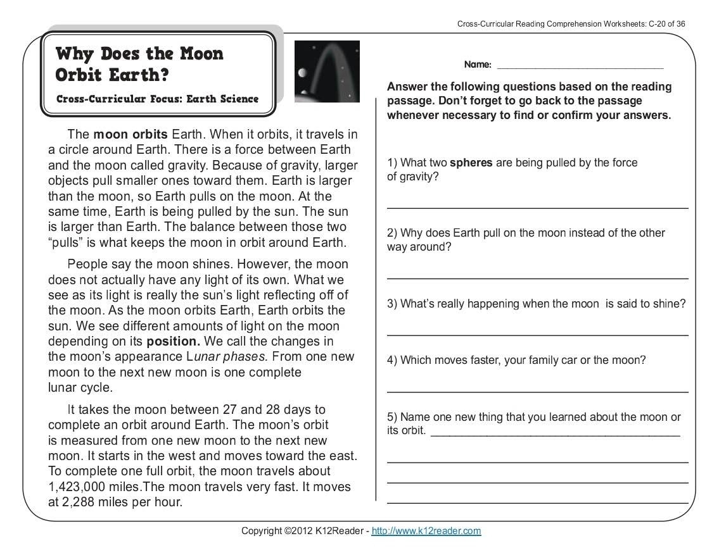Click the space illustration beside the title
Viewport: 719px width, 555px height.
[x=327, y=71]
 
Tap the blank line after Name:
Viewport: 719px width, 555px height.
[x=580, y=66]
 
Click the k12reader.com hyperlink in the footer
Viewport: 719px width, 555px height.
[x=426, y=531]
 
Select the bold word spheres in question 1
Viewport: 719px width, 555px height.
[x=471, y=163]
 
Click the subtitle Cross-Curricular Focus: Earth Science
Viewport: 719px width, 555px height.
[x=157, y=99]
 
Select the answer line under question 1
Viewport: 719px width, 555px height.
[x=537, y=207]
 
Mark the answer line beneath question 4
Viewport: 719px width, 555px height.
[x=537, y=391]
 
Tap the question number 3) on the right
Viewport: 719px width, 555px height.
[x=392, y=304]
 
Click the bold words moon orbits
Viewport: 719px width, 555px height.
[x=130, y=135]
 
